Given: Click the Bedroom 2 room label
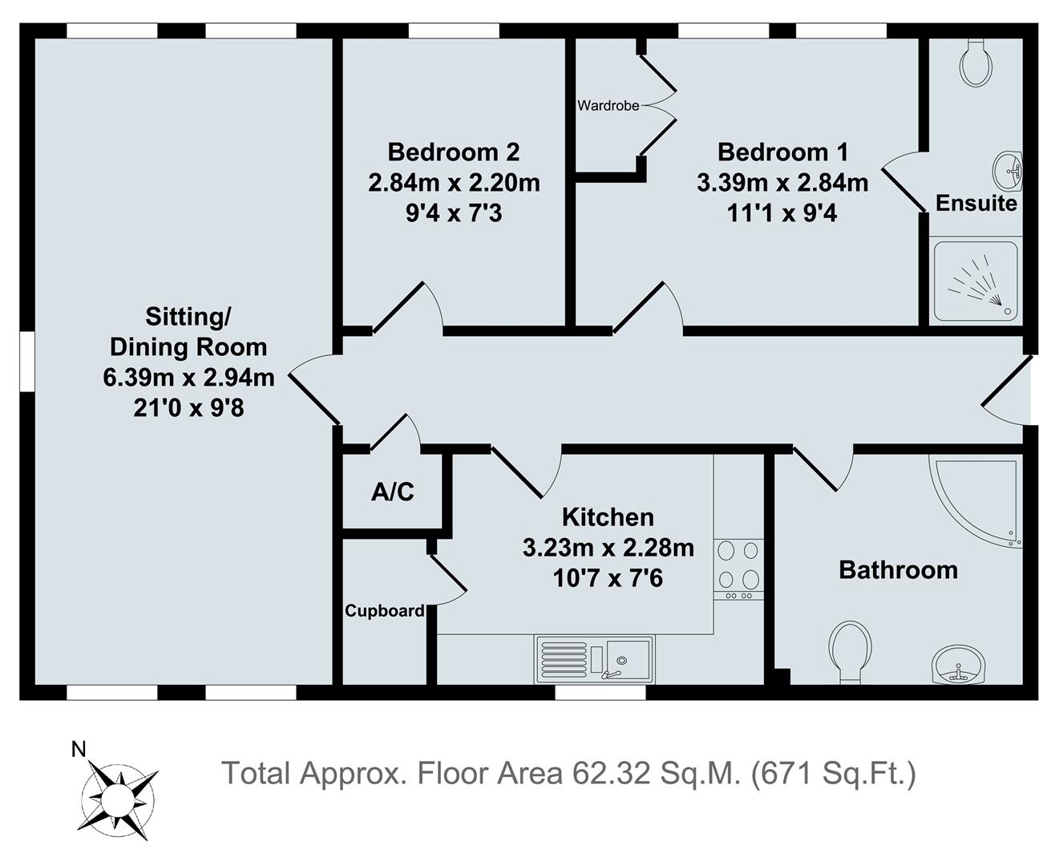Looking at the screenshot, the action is click(454, 152).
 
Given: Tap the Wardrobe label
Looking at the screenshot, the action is click(608, 106).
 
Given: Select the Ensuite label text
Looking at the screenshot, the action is click(976, 203).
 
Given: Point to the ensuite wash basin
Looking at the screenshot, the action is click(1007, 171).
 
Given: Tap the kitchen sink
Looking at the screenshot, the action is click(594, 659).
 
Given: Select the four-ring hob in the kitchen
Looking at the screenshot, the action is click(738, 569).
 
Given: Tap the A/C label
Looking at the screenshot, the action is click(392, 492).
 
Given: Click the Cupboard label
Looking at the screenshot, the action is click(384, 610).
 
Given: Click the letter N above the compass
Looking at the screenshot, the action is click(79, 749).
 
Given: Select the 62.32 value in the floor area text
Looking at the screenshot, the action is click(612, 773).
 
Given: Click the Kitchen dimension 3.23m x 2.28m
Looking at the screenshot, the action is click(608, 548).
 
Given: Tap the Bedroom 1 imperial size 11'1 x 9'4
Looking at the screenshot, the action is click(782, 213).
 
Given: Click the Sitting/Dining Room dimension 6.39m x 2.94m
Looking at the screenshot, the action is click(188, 378).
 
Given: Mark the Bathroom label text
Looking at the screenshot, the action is click(899, 570).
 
